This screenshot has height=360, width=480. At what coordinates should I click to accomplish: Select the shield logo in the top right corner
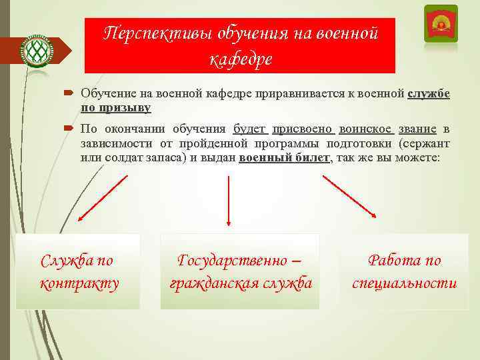[440, 25]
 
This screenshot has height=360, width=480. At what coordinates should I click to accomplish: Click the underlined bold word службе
[428, 94]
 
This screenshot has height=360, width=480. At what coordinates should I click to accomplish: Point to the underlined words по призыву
[116, 107]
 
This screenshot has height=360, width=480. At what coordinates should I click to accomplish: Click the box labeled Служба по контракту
[79, 271]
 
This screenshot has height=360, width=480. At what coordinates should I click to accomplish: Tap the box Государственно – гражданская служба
[240, 271]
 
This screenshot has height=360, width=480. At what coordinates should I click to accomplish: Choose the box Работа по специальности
[404, 271]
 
